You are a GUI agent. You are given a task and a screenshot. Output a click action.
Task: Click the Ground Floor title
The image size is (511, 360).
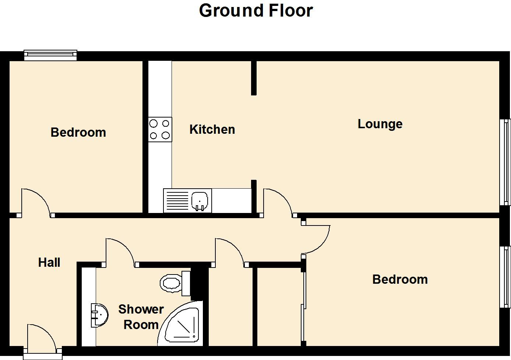click(x=256, y=11)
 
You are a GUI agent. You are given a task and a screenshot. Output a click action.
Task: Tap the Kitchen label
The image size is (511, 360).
click(x=212, y=129)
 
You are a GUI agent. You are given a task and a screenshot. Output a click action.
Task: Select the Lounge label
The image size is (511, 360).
click(x=380, y=125)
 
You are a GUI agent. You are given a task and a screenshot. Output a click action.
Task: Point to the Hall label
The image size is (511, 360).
click(x=49, y=262)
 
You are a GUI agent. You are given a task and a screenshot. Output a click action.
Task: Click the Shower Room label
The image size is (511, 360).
click(x=141, y=317)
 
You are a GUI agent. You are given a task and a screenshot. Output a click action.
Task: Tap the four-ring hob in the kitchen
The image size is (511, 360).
click(x=160, y=129)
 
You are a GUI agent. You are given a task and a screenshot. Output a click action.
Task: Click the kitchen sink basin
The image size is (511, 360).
click(x=200, y=201)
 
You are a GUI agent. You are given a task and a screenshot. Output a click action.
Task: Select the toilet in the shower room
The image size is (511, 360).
click(x=175, y=283)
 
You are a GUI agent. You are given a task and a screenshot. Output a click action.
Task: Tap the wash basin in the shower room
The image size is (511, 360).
click(x=100, y=315)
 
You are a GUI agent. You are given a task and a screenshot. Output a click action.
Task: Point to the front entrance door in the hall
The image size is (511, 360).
click(x=42, y=338)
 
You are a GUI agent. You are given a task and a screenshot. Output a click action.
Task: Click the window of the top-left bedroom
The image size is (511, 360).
click(x=50, y=55)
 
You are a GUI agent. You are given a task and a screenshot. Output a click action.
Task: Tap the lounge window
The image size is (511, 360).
click(x=505, y=162)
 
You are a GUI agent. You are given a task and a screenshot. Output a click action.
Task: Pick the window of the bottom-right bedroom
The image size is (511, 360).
click(x=505, y=277)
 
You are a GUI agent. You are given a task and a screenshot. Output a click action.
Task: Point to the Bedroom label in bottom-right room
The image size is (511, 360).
click(x=400, y=279)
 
